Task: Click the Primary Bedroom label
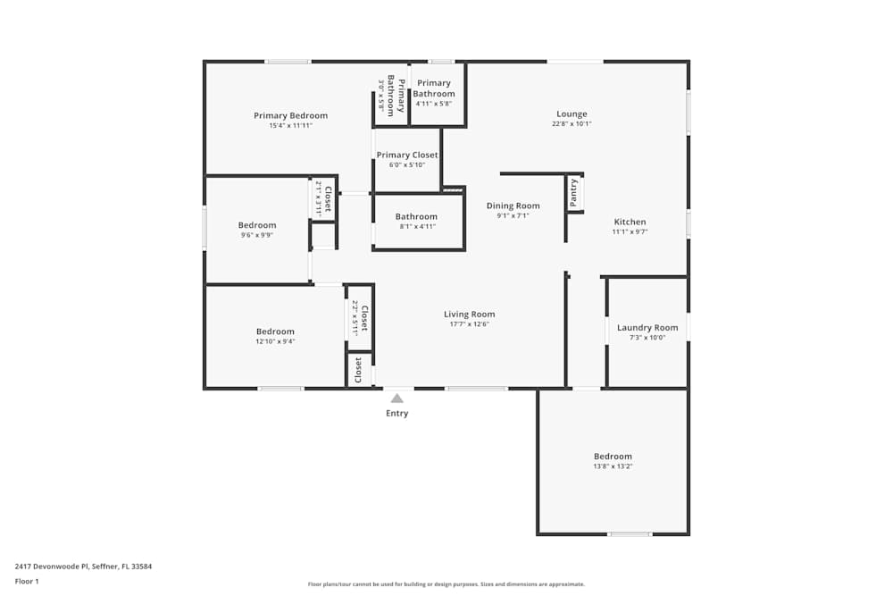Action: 290,115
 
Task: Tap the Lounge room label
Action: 572,113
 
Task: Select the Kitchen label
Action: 630,222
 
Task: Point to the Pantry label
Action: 573,193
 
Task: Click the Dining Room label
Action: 513,206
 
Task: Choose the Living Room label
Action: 469,314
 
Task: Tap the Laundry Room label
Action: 647,327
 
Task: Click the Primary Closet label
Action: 407,155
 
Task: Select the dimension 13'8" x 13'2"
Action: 613,466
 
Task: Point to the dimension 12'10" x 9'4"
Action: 275,341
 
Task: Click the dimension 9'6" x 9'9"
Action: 257,235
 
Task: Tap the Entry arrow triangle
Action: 396,399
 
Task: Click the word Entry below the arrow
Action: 396,414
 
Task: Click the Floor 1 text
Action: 28,581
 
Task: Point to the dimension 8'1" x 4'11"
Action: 416,226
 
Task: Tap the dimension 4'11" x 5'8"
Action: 434,104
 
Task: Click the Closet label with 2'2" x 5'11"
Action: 363,315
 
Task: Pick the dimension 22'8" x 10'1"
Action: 572,123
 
